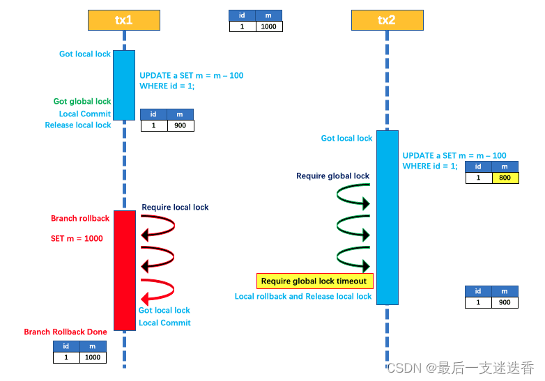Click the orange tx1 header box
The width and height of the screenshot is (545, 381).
point(124,20)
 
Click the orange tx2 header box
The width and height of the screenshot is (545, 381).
point(387,20)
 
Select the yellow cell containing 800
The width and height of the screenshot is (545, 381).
point(505,178)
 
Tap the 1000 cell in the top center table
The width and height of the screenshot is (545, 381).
point(268,26)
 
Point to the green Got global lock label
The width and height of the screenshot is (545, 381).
point(82,102)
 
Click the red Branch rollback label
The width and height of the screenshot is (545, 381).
point(80,219)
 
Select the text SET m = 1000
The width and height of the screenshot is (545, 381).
point(77,239)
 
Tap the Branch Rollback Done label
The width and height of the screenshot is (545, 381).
point(66,332)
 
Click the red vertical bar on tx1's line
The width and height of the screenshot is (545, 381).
point(124,270)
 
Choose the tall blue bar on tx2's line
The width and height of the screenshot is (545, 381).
point(387,217)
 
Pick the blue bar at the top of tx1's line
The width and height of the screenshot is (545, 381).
point(124,85)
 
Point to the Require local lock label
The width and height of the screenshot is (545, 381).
point(175,208)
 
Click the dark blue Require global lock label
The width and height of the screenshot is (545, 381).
point(332,176)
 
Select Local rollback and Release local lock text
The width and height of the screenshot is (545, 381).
point(303,297)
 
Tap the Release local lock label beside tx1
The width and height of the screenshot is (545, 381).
point(78,125)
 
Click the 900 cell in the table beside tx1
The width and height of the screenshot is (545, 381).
point(181,125)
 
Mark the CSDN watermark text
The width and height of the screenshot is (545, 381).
point(461,367)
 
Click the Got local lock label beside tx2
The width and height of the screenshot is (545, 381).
point(346,139)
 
